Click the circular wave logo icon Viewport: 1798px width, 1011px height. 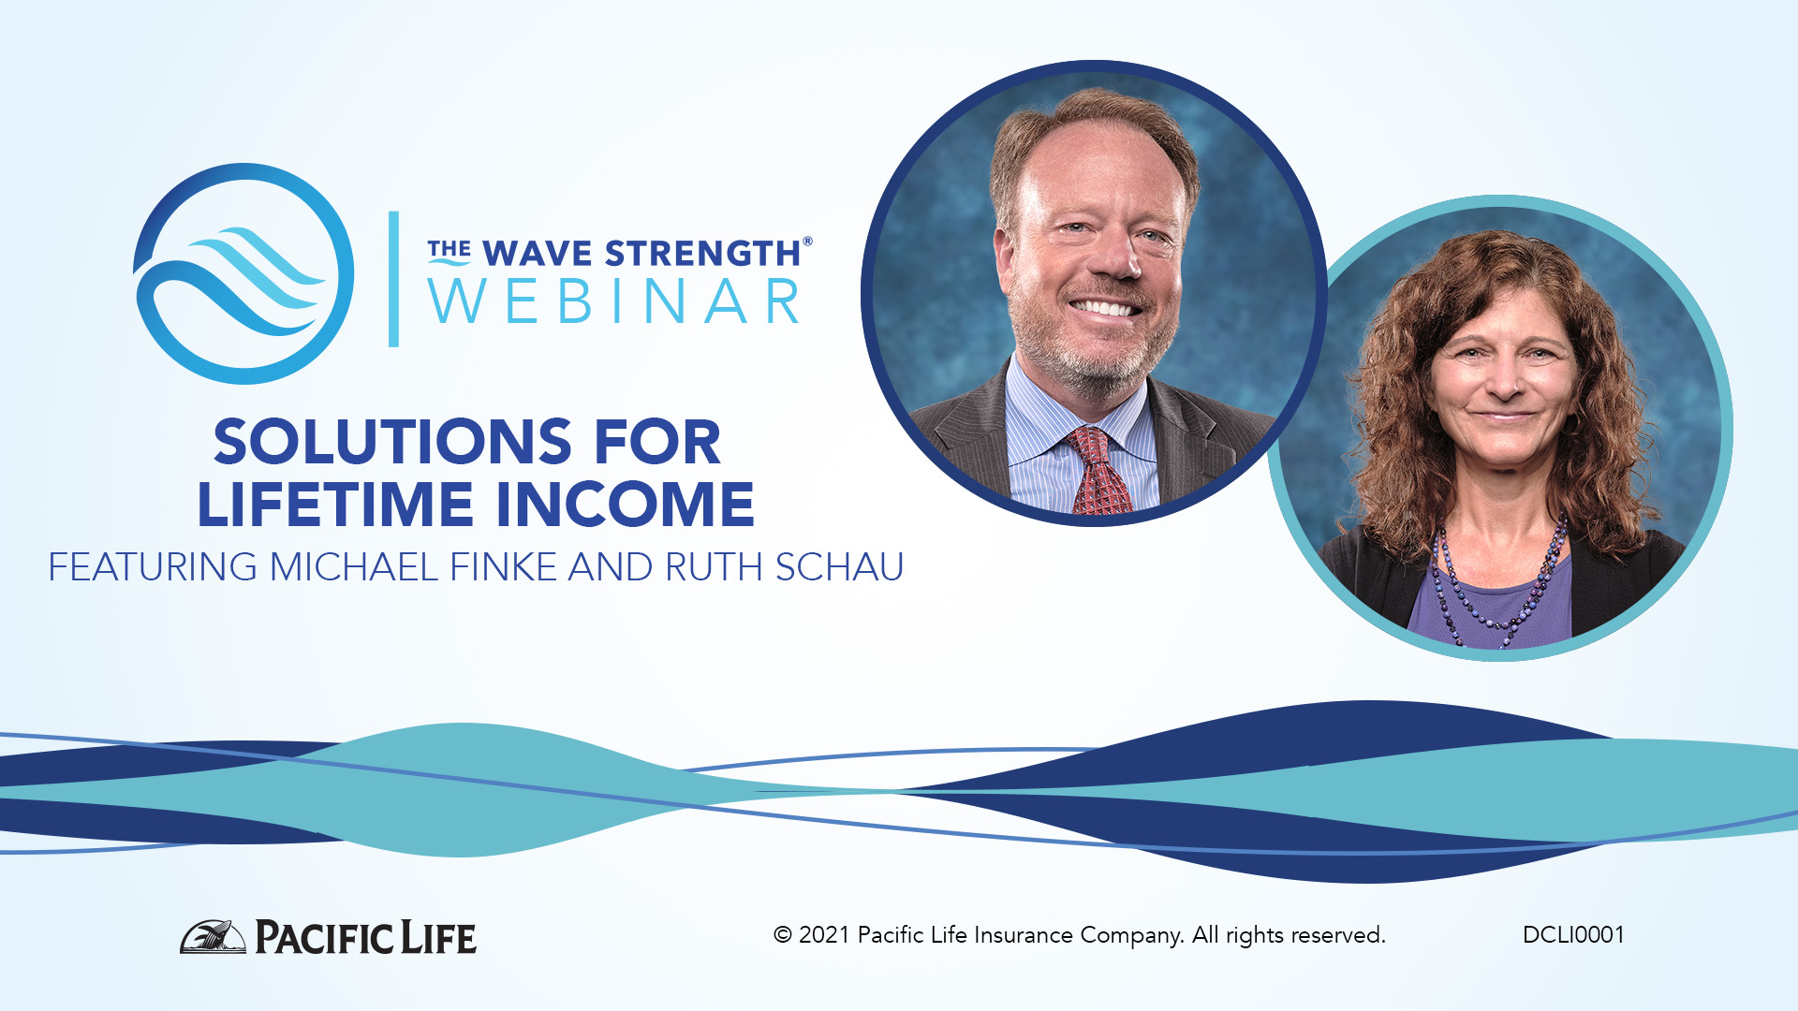pyautogui.click(x=243, y=273)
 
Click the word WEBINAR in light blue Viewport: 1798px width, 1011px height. pyautogui.click(x=614, y=302)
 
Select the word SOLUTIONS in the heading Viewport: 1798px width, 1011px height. pyautogui.click(x=391, y=442)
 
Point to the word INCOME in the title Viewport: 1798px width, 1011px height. pyautogui.click(x=625, y=505)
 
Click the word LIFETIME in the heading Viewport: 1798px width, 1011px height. pyautogui.click(x=335, y=505)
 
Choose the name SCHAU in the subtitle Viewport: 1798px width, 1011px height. pyautogui.click(x=839, y=567)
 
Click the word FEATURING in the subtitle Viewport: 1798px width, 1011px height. pyautogui.click(x=153, y=567)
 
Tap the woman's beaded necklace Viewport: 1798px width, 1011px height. pyautogui.click(x=1498, y=590)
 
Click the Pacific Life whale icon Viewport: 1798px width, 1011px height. pyautogui.click(x=213, y=937)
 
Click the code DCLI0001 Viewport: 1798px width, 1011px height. pyautogui.click(x=1573, y=935)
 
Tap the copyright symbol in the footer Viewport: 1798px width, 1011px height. pyautogui.click(x=783, y=935)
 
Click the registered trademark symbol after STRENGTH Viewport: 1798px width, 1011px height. pyautogui.click(x=807, y=242)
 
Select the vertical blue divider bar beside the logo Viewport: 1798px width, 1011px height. pyautogui.click(x=394, y=279)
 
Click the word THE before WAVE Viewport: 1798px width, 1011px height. pyautogui.click(x=449, y=250)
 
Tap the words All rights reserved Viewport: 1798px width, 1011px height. pyautogui.click(x=1289, y=935)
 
